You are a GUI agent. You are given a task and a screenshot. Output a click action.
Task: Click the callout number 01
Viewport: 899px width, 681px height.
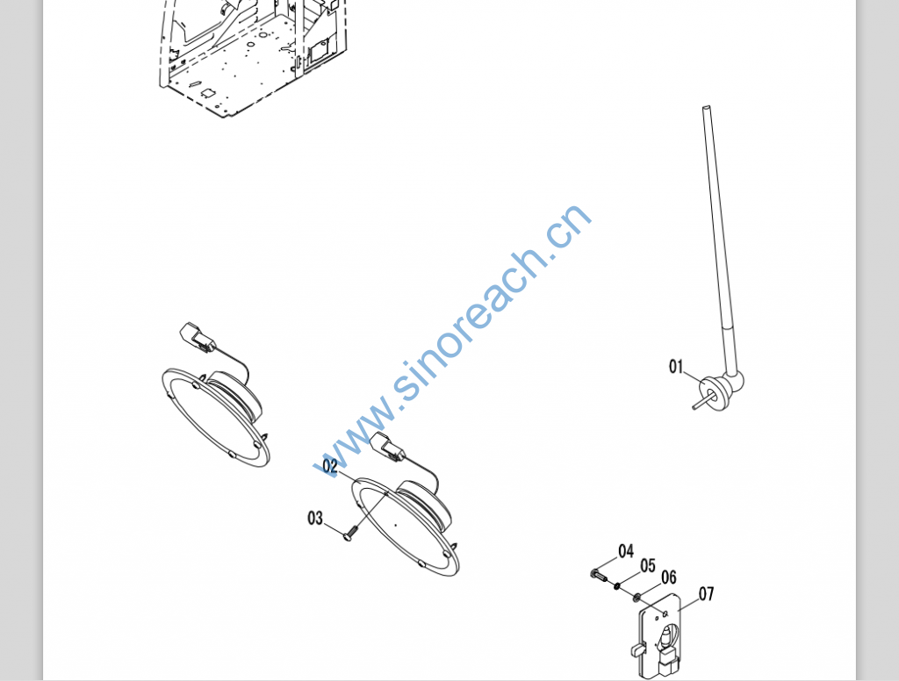coord(677,366)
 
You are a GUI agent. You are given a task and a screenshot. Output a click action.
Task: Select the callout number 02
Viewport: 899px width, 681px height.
coord(330,467)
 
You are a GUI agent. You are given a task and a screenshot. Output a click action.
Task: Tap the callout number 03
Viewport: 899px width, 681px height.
coord(315,518)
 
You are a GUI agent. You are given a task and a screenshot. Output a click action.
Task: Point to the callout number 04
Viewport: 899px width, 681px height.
coord(626,551)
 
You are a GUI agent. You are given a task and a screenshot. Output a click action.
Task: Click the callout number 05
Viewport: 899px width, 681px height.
coord(648,566)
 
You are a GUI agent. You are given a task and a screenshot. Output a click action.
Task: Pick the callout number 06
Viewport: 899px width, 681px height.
coord(669,577)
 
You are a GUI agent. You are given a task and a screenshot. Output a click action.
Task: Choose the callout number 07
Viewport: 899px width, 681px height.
coord(707,594)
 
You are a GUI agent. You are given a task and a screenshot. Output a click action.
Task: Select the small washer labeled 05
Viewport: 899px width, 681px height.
coord(617,586)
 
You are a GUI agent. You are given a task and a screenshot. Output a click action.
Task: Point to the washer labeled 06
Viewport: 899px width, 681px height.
coord(636,598)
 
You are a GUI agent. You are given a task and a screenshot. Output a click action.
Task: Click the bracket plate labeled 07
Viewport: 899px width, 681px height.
coord(659,641)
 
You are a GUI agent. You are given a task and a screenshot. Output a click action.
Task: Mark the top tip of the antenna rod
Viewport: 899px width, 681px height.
coord(707,107)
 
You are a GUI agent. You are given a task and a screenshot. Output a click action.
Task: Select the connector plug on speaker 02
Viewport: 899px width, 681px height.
coord(389,447)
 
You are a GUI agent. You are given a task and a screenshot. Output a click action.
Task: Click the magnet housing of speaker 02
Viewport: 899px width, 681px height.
coord(424,505)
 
